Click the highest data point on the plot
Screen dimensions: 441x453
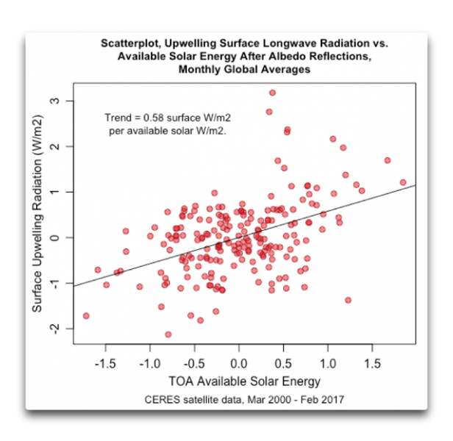tap(272, 93)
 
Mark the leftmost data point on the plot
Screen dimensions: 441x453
tap(86, 316)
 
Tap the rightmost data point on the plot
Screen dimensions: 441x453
tap(403, 182)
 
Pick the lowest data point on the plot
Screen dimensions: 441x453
tap(168, 334)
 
